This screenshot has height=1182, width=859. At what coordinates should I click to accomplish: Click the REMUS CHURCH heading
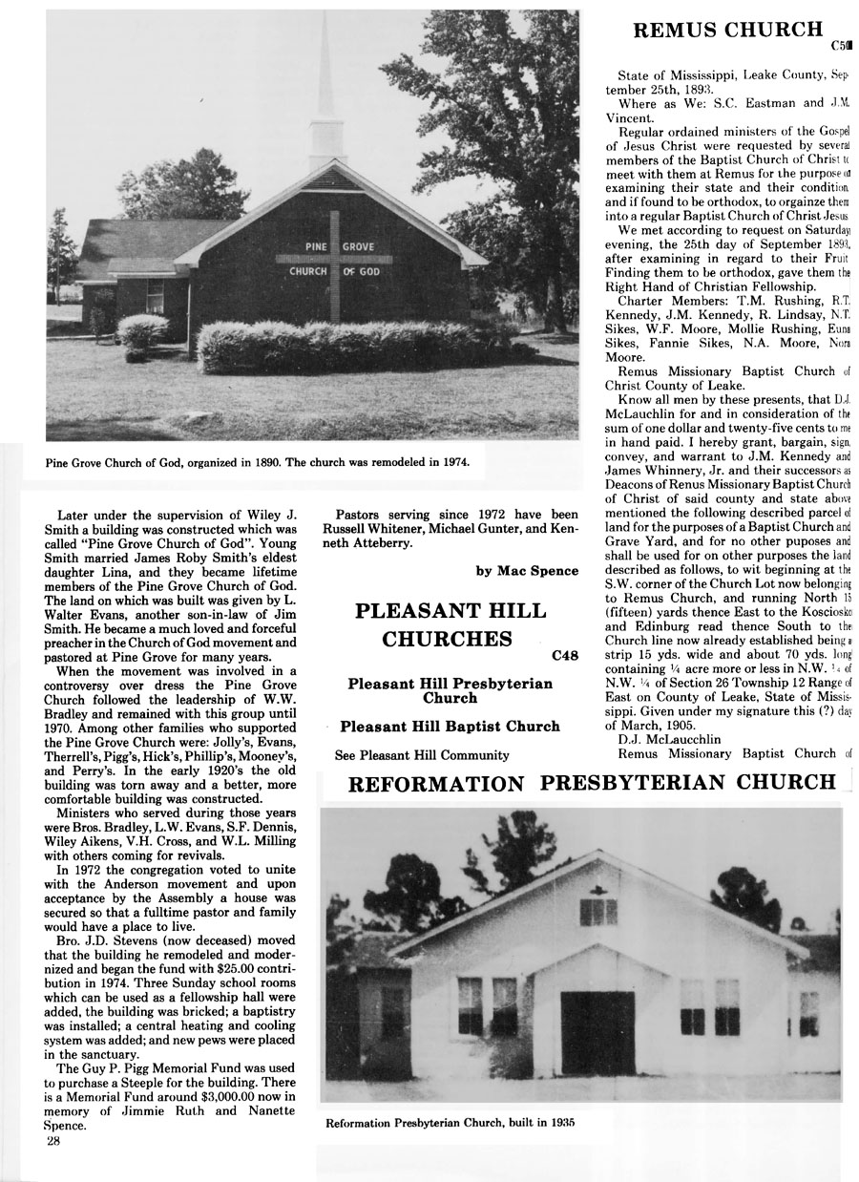727,31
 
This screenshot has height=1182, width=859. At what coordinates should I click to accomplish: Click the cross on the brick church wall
334,254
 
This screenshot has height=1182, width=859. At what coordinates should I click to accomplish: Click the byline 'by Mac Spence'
526,571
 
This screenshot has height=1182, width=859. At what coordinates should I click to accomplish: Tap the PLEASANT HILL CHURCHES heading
450,624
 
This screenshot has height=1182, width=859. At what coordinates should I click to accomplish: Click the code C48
564,656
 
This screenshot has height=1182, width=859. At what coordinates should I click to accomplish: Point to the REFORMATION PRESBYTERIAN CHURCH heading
592,783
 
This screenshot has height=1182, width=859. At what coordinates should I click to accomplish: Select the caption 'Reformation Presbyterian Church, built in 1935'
450,1123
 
